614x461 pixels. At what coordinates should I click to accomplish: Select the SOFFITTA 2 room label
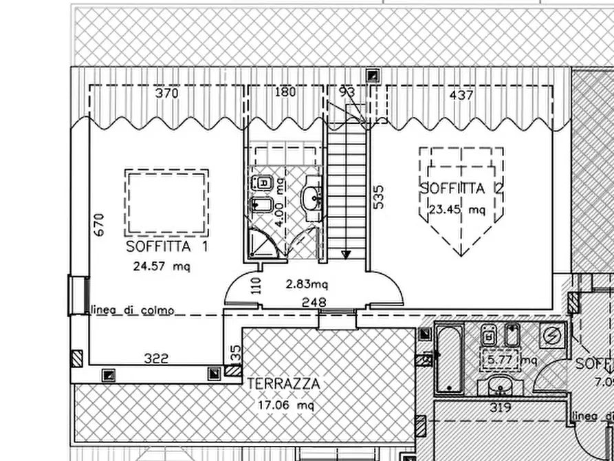tap(454, 188)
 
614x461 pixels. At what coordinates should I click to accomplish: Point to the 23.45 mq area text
tap(457, 211)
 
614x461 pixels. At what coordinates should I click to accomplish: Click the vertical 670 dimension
tap(99, 226)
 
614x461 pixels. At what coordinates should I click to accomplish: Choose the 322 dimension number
tap(157, 358)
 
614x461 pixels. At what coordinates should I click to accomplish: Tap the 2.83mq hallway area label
tap(307, 283)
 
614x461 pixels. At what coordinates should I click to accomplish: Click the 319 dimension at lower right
tap(501, 407)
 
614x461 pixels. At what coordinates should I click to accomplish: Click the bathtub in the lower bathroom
tap(450, 360)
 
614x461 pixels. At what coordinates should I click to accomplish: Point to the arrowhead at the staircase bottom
tap(346, 254)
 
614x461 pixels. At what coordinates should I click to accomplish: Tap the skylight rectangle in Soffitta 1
tap(166, 203)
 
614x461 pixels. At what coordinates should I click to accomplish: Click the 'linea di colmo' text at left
tap(132, 310)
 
